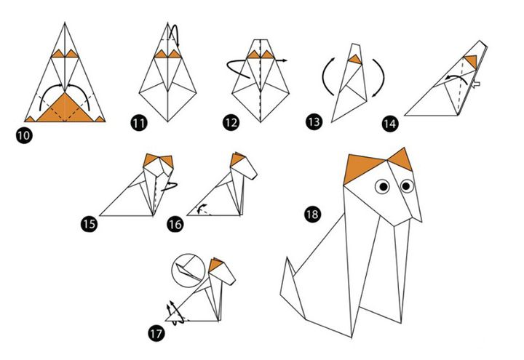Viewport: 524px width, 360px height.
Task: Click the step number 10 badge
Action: [x=24, y=135]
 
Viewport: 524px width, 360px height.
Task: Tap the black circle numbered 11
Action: [x=139, y=123]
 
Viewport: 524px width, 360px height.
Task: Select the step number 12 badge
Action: [x=231, y=123]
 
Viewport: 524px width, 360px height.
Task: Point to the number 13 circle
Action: [x=314, y=121]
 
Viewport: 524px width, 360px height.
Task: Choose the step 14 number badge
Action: [x=389, y=124]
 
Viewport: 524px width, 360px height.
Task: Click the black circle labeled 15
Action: [x=90, y=224]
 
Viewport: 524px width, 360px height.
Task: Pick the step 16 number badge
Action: [x=175, y=224]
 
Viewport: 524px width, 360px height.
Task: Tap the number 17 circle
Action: [x=156, y=333]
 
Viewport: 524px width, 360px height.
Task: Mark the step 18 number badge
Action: [x=312, y=214]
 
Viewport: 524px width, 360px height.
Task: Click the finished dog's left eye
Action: [x=383, y=186]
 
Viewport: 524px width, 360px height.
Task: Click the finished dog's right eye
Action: [x=406, y=185]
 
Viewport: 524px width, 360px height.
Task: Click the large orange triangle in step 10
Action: [x=65, y=108]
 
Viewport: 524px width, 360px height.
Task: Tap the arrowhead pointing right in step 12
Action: [x=284, y=60]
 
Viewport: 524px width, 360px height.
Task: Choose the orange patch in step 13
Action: [x=356, y=59]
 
